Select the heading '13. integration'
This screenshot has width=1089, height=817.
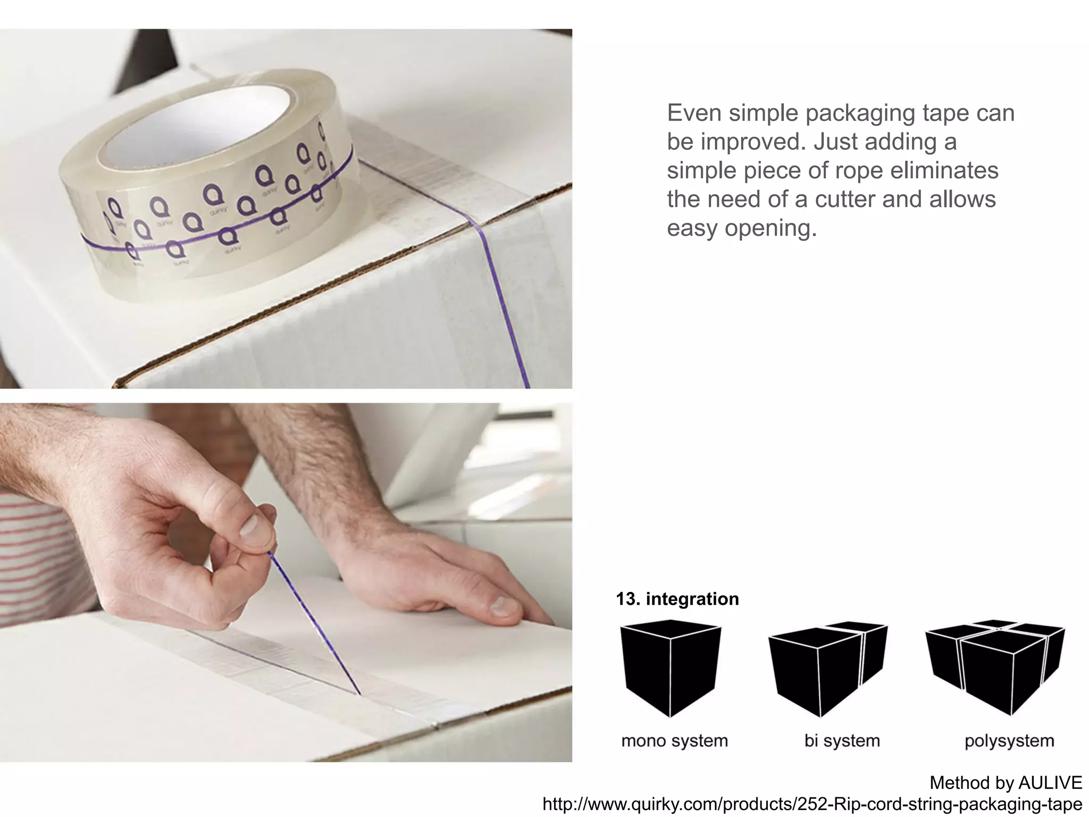677,599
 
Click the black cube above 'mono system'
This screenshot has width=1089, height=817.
670,668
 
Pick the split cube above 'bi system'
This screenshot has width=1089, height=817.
827,668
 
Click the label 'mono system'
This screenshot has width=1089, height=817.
674,740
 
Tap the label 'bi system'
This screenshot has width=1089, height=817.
842,740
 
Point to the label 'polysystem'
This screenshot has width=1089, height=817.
1009,740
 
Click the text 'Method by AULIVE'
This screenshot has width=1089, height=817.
1006,782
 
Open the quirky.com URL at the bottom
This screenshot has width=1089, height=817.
812,804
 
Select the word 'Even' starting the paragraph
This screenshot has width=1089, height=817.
694,113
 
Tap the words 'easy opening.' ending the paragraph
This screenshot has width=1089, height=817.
741,228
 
